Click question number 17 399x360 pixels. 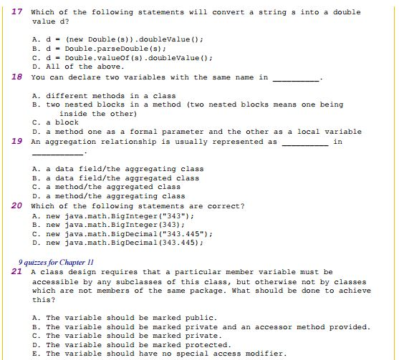click(x=18, y=11)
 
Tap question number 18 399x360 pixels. click(x=18, y=77)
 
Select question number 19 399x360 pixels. click(x=18, y=141)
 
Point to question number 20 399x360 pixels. click(x=18, y=205)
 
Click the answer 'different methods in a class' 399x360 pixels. click(x=104, y=95)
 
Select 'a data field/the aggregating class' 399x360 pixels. click(x=118, y=169)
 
